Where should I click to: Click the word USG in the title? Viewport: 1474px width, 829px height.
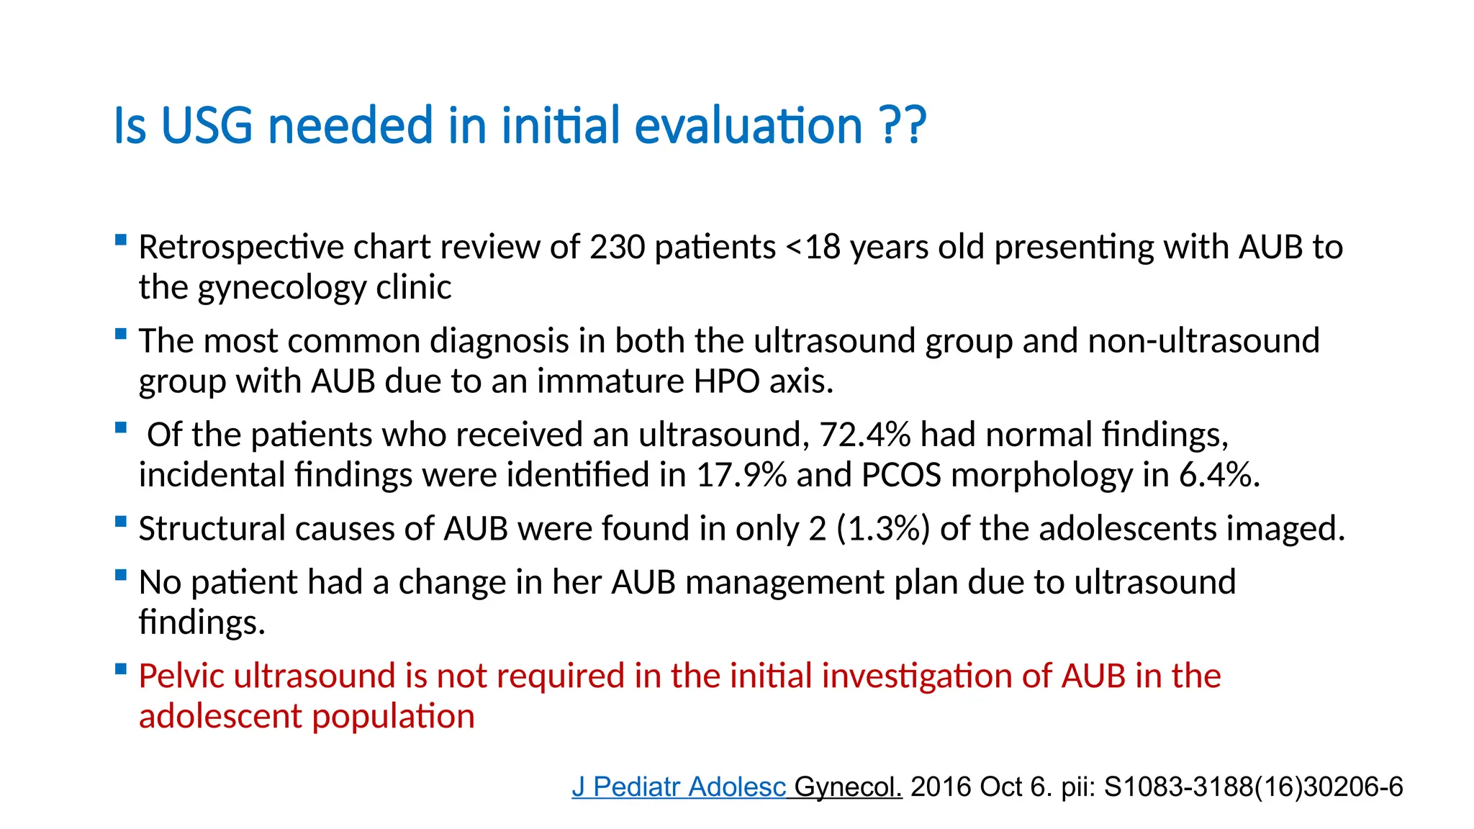click(207, 125)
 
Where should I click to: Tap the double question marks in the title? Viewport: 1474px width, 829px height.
click(903, 125)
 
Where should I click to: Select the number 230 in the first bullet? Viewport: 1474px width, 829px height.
click(617, 247)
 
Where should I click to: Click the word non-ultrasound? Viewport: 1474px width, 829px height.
click(1203, 340)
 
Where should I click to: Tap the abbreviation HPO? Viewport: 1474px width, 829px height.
click(726, 381)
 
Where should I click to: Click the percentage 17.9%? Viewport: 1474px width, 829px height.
click(741, 475)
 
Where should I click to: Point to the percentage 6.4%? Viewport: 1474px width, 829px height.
click(1218, 475)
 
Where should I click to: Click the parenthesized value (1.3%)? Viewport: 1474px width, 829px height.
click(883, 529)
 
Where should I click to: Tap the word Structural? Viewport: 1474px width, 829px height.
click(212, 529)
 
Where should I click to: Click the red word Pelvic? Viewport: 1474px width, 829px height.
click(180, 676)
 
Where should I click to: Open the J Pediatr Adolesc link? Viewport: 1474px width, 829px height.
click(679, 787)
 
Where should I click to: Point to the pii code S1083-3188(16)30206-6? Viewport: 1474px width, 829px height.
click(1253, 787)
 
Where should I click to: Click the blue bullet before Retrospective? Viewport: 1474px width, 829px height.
click(121, 240)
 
